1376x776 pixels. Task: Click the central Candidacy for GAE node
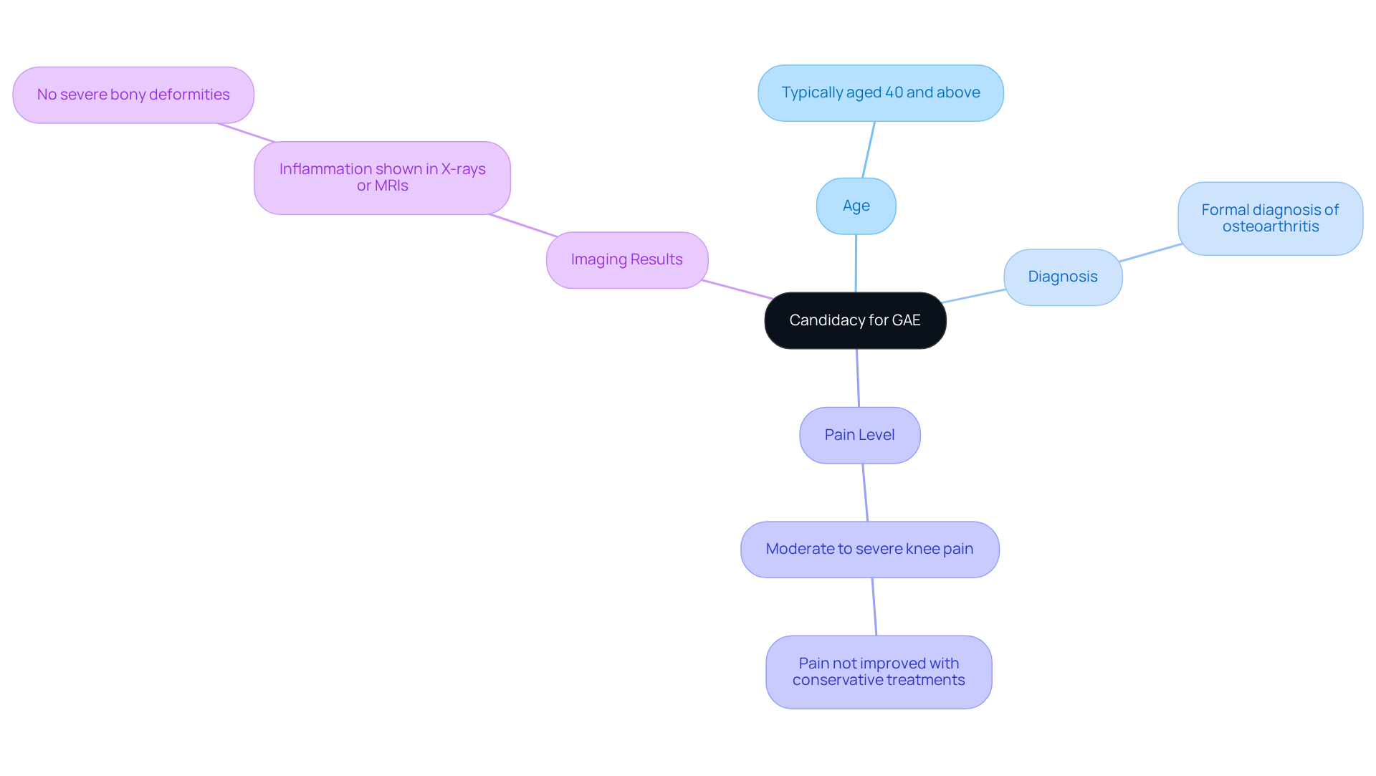[x=855, y=320]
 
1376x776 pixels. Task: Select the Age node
[x=856, y=206]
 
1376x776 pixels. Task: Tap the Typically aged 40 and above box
[x=880, y=93]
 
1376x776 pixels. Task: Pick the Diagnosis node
[x=1062, y=277]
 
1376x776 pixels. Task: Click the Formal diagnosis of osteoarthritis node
[x=1270, y=219]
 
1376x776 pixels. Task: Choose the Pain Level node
[x=859, y=435]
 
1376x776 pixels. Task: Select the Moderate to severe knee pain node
[x=869, y=550]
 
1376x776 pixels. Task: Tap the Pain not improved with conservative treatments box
[x=879, y=672]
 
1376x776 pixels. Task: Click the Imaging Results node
[x=626, y=260]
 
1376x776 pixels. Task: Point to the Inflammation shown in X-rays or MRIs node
[x=382, y=178]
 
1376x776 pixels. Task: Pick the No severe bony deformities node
[x=133, y=95]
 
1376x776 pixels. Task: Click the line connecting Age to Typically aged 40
[x=869, y=150]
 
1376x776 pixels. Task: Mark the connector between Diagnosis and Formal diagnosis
[x=1150, y=252]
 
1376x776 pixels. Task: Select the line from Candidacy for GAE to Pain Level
[x=858, y=378]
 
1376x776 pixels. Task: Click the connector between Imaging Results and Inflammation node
[x=523, y=225]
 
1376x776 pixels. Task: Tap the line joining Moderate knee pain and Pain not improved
[x=874, y=607]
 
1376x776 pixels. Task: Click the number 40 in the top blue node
[x=894, y=93]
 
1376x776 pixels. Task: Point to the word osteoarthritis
[x=1270, y=227]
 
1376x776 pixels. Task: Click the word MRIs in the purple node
[x=393, y=186]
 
